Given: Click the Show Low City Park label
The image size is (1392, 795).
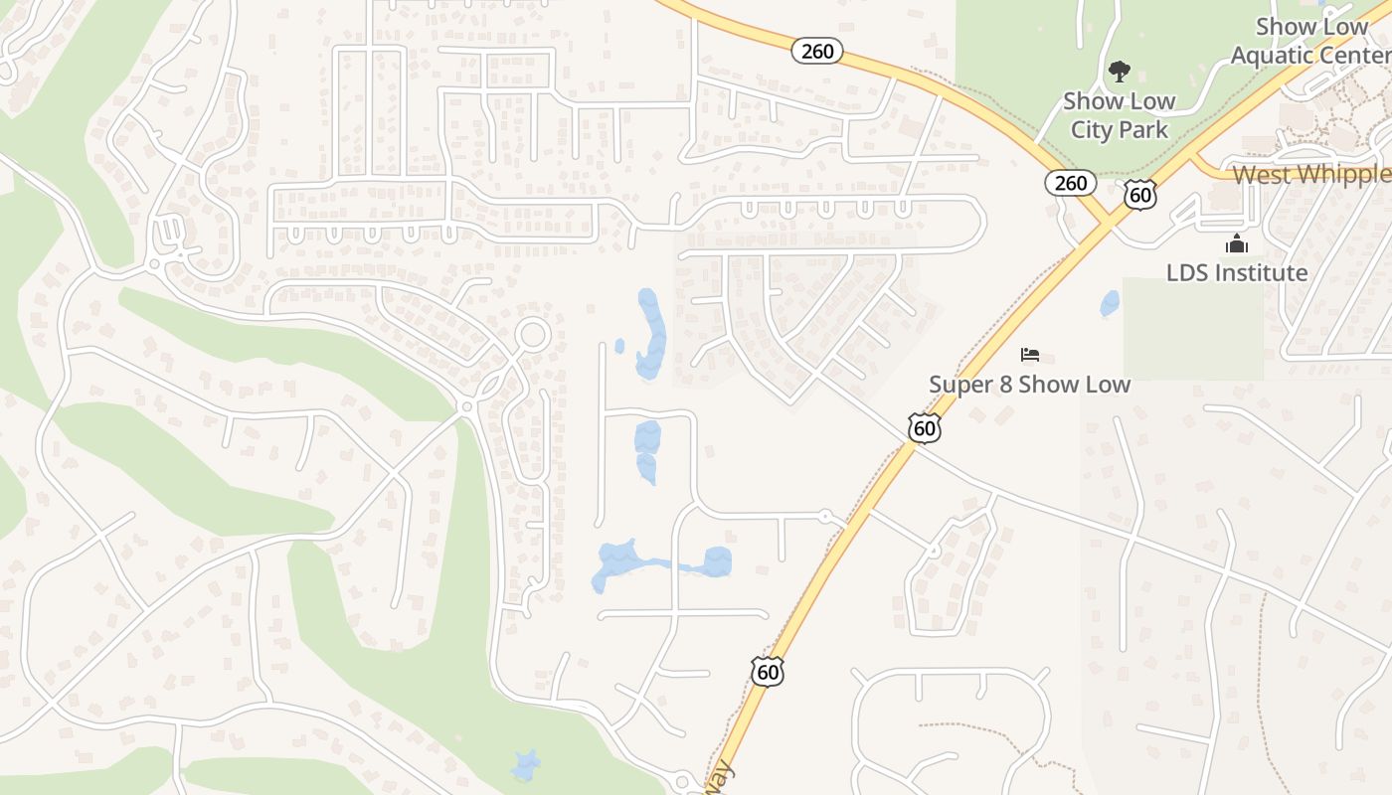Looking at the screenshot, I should tap(1119, 115).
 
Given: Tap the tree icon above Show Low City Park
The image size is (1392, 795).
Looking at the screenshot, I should tap(1120, 72).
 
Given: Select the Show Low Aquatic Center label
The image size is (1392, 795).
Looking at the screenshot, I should tap(1310, 41).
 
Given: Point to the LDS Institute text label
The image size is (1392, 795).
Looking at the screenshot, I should tap(1237, 272).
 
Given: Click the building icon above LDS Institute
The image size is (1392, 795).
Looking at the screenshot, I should tap(1237, 243).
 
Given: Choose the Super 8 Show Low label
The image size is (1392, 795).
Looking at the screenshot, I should tap(1029, 384).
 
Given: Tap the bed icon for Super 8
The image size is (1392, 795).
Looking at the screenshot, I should tap(1030, 355).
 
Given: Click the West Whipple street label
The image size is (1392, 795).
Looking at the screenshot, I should tap(1311, 175).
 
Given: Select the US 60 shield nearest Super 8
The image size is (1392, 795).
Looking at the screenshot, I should tap(925, 428).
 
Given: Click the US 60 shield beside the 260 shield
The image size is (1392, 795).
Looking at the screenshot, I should tap(1140, 195).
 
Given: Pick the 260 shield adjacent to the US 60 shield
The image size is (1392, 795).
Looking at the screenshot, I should tap(1071, 183).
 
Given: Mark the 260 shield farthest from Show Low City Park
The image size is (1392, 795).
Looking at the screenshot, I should tap(817, 51).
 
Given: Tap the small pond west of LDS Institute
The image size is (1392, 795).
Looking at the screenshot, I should tap(1110, 303).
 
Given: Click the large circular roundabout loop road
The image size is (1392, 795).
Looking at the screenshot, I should tap(533, 334).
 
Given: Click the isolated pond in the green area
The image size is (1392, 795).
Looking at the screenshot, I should tap(525, 765).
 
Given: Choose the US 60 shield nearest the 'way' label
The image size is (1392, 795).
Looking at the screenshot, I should tap(768, 672).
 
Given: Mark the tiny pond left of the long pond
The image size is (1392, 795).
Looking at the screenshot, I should tap(619, 346).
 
